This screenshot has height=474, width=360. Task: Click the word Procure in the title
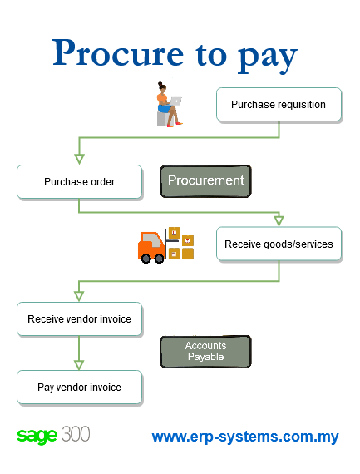point(118,52)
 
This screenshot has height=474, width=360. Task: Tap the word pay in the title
point(268,57)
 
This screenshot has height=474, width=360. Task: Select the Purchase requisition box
point(279,104)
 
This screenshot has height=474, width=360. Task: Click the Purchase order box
point(79,181)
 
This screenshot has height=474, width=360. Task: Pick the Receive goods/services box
point(279,244)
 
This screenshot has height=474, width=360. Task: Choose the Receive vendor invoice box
point(79,319)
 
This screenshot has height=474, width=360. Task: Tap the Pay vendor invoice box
point(79,388)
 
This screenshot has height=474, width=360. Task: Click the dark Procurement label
point(205,181)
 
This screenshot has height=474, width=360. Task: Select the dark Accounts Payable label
point(205,351)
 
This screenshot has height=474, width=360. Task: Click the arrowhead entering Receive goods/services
point(279,221)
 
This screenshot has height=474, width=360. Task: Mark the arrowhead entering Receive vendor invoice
point(79,296)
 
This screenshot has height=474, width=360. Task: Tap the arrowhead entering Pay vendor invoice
point(79,365)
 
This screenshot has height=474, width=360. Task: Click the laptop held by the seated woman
point(176,101)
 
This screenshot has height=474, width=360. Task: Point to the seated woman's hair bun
point(160,84)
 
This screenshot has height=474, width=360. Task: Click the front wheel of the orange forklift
point(159,259)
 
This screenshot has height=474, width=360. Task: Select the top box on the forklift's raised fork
point(174,233)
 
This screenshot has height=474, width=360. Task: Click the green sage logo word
point(37,436)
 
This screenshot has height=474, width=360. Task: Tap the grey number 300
point(76,434)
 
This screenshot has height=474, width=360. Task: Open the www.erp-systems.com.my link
point(245,437)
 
